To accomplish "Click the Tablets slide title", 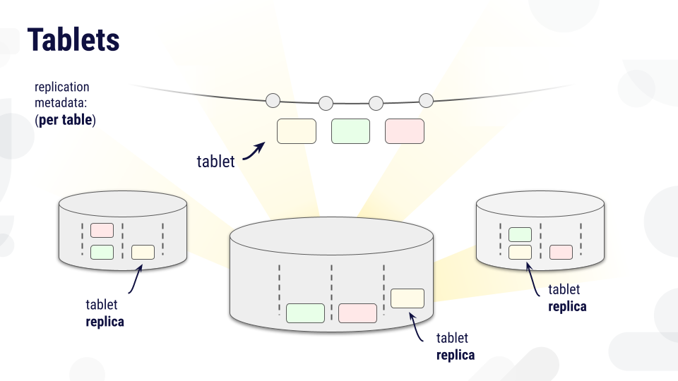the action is pyautogui.click(x=73, y=40).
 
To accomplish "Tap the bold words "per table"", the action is pyautogui.click(x=65, y=120).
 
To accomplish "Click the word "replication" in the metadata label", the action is pyautogui.click(x=62, y=87).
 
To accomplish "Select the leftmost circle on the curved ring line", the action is pyautogui.click(x=273, y=101).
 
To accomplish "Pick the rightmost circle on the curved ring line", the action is pyautogui.click(x=426, y=101).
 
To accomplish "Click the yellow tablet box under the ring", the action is pyautogui.click(x=297, y=131).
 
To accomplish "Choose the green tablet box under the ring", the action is pyautogui.click(x=351, y=131).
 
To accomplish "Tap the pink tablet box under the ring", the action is pyautogui.click(x=405, y=131).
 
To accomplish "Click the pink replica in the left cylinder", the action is pyautogui.click(x=102, y=230).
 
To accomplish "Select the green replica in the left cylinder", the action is pyautogui.click(x=102, y=253).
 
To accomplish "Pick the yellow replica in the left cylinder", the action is pyautogui.click(x=143, y=253).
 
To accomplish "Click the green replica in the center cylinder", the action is pyautogui.click(x=305, y=313).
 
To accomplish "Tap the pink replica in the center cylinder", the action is pyautogui.click(x=357, y=313).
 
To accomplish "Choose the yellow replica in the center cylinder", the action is pyautogui.click(x=408, y=298).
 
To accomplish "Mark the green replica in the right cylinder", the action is pyautogui.click(x=521, y=234).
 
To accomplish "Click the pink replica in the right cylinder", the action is pyautogui.click(x=561, y=253).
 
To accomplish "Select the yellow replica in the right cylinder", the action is pyautogui.click(x=521, y=253).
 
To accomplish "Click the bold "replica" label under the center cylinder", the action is pyautogui.click(x=456, y=355).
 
